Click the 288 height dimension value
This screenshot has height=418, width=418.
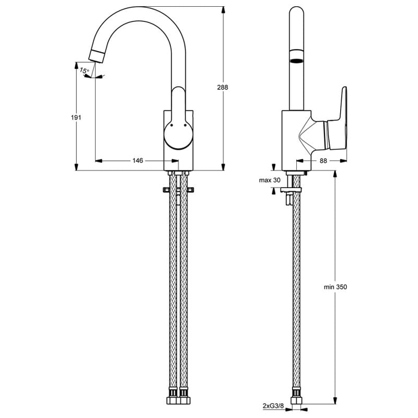point(223,87)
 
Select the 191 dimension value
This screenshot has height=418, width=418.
point(76,117)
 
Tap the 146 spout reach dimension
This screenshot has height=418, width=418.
point(138,160)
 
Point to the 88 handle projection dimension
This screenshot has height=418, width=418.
point(323,160)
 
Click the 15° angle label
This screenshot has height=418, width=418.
point(84,71)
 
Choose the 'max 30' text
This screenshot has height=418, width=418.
point(270,180)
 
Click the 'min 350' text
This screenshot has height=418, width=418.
point(335,287)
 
